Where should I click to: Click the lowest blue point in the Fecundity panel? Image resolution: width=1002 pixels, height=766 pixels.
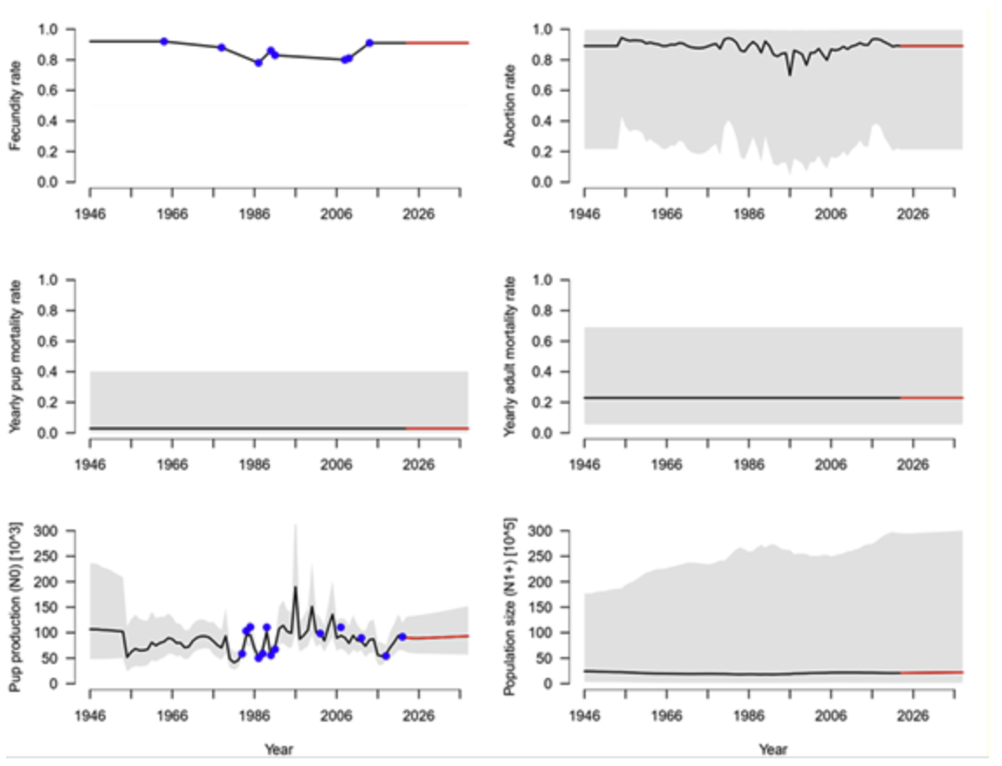tap(258, 63)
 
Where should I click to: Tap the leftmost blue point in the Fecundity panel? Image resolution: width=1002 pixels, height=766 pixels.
tap(164, 42)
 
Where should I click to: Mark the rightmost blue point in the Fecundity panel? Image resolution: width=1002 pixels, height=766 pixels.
tap(369, 43)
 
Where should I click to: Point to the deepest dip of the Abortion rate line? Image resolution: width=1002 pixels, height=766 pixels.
tap(791, 75)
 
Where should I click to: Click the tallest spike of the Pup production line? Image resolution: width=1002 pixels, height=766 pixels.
tap(295, 587)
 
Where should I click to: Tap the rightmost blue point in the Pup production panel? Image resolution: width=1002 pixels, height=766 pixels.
tap(402, 637)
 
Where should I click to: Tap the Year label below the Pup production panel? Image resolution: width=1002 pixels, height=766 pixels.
tap(278, 748)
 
